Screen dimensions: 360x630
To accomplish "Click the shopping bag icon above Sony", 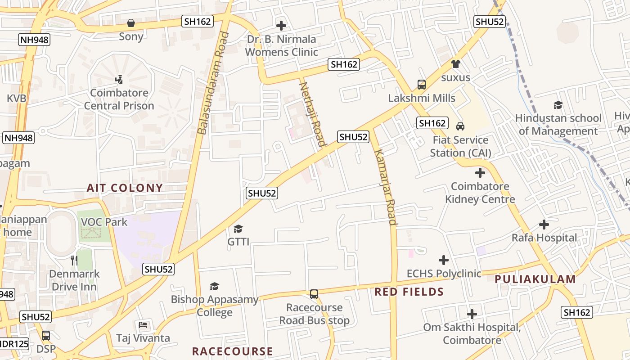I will coord(131,22).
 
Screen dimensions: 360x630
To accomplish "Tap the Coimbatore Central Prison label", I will coord(119,99).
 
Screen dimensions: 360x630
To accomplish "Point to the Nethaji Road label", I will coord(312,114).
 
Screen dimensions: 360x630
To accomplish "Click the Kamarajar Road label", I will coord(386,186).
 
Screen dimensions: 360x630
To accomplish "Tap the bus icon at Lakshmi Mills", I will coord(421,85).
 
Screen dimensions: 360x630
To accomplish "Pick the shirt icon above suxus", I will coord(456,64).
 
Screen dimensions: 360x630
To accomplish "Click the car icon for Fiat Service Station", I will coord(460,126).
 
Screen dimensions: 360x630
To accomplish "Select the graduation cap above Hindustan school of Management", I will coord(558,105).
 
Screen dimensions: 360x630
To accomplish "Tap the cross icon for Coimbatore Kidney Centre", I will coord(480,172).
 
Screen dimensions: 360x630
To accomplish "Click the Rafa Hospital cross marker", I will coord(544,224).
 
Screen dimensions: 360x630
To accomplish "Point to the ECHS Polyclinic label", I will coord(444,274).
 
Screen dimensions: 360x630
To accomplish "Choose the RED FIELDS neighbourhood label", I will coord(409,292).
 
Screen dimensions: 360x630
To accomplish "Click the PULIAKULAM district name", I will coord(535,279).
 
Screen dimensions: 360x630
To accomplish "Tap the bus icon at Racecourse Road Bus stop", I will coord(314,294).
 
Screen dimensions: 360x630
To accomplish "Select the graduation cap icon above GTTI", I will coord(238,229).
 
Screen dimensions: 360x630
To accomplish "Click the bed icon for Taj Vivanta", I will coord(143,324).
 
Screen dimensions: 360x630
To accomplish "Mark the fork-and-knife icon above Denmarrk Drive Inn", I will coord(74,260).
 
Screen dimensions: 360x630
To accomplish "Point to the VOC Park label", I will coord(104,222).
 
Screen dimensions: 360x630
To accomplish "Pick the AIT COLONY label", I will coord(125,188).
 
